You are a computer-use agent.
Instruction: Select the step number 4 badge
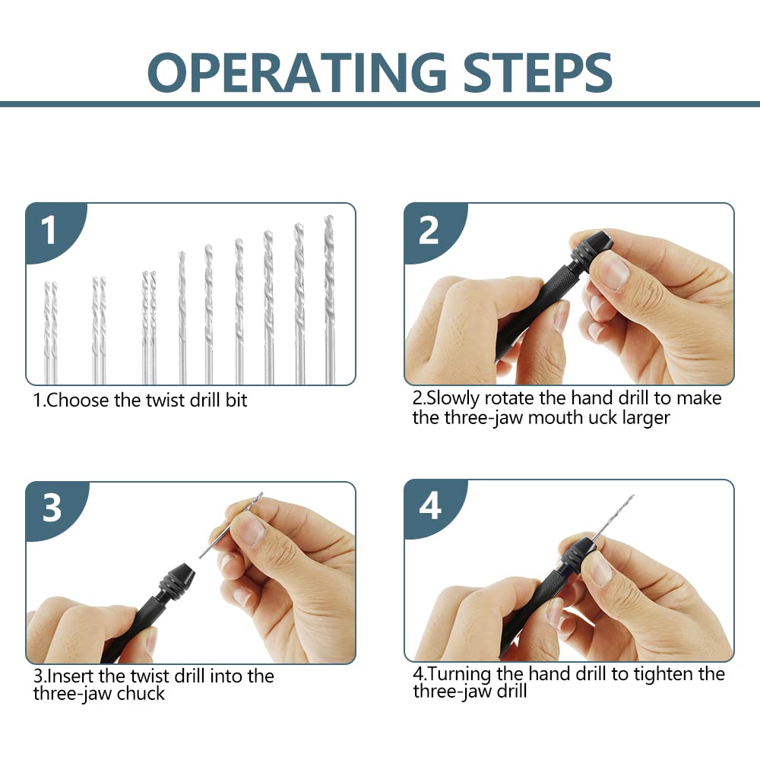pyautogui.click(x=430, y=507)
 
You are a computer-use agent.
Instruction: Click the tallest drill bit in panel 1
pyautogui.click(x=329, y=296)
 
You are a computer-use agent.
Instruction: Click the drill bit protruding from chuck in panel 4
pyautogui.click(x=612, y=517)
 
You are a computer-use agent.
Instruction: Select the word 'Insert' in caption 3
pyautogui.click(x=72, y=676)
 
